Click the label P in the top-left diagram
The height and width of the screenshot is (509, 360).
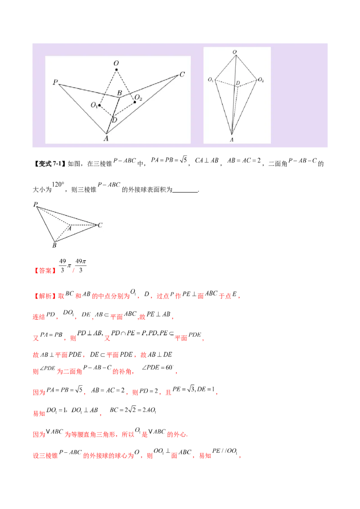coord(55,82)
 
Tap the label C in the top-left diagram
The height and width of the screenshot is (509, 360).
coord(182,74)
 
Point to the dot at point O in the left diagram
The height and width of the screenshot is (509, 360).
coord(116,70)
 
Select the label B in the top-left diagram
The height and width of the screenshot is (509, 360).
coord(120,93)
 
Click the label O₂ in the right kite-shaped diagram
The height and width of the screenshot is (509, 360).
coord(261,80)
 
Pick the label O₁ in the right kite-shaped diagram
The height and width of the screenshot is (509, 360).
coord(211,80)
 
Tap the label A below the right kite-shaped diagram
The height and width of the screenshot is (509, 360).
coord(232,139)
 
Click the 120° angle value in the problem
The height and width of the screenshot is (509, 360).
coord(58,185)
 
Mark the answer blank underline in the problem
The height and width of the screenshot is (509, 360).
coord(185,192)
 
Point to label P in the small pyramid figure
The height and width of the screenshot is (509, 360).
coord(36,204)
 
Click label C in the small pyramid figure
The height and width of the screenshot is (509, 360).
coord(100,225)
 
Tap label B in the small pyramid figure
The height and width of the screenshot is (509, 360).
coord(54,246)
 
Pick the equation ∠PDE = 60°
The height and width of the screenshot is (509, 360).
coord(158,367)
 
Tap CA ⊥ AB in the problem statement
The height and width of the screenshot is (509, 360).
coord(207,161)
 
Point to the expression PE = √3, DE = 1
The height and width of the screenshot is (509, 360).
coord(193,389)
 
